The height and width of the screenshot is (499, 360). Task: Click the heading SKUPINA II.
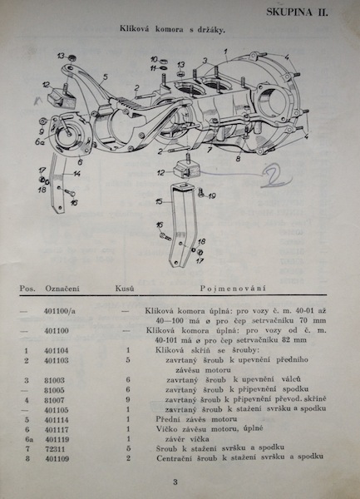tap(310, 13)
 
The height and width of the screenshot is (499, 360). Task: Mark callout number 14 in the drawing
tap(76, 174)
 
